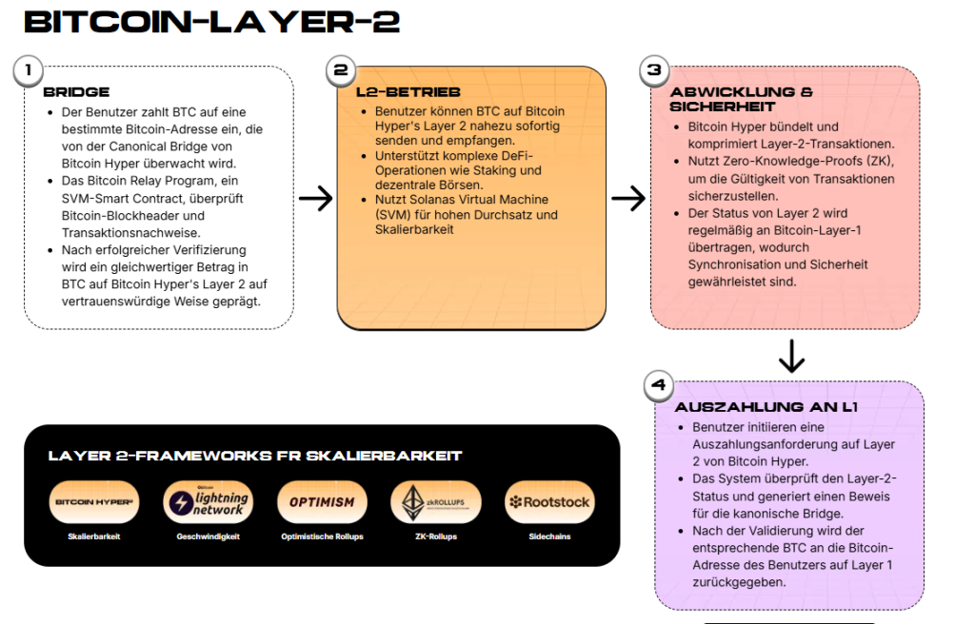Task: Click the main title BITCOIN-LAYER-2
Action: [211, 22]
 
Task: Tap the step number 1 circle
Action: [29, 70]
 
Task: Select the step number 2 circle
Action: [340, 70]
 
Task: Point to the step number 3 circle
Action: [653, 70]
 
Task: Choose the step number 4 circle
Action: [659, 385]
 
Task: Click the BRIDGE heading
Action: [76, 92]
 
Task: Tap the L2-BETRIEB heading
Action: [402, 92]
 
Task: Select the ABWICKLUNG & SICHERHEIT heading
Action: [741, 99]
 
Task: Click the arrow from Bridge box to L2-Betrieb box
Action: [315, 198]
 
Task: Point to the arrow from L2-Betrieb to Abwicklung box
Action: [628, 198]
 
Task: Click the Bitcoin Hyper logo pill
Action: [93, 501]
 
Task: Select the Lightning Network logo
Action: [207, 501]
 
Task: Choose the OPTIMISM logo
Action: [322, 501]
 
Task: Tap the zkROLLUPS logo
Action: [435, 501]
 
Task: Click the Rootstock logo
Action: [548, 501]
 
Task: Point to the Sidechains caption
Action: [548, 537]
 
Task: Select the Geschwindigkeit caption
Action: [207, 537]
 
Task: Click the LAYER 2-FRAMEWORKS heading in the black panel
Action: [255, 456]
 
